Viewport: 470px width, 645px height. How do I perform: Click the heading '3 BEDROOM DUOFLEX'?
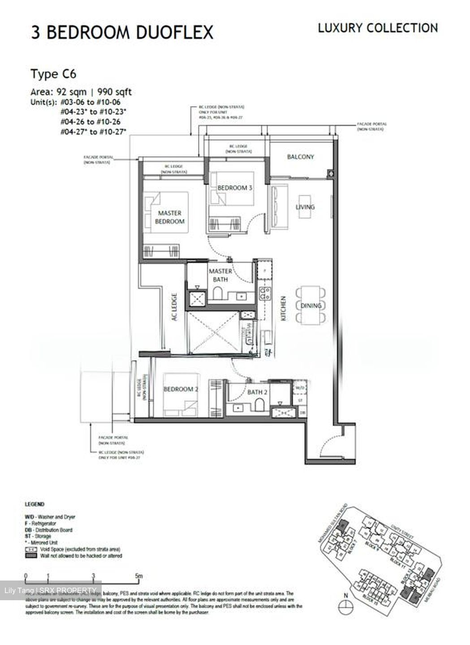(x=122, y=32)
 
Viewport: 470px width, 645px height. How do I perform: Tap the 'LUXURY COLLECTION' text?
(x=378, y=28)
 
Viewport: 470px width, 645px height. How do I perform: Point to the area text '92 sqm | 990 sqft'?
(x=81, y=92)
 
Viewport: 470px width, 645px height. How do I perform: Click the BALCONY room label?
(x=300, y=157)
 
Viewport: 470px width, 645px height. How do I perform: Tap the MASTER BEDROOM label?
(x=170, y=217)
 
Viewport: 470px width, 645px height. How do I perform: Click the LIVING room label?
(x=305, y=207)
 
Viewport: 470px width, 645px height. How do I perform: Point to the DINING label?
(x=311, y=305)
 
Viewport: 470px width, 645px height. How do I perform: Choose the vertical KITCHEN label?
(x=283, y=308)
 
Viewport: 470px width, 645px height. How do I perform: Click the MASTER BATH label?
(x=220, y=275)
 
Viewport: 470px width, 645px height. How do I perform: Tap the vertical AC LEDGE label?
(x=174, y=307)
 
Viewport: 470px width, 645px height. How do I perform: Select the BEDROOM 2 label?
(x=181, y=389)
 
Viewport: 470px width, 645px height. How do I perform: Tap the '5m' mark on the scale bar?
(x=139, y=576)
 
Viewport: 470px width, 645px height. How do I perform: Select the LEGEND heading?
(x=34, y=504)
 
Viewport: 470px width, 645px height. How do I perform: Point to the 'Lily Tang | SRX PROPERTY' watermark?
(x=50, y=590)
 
